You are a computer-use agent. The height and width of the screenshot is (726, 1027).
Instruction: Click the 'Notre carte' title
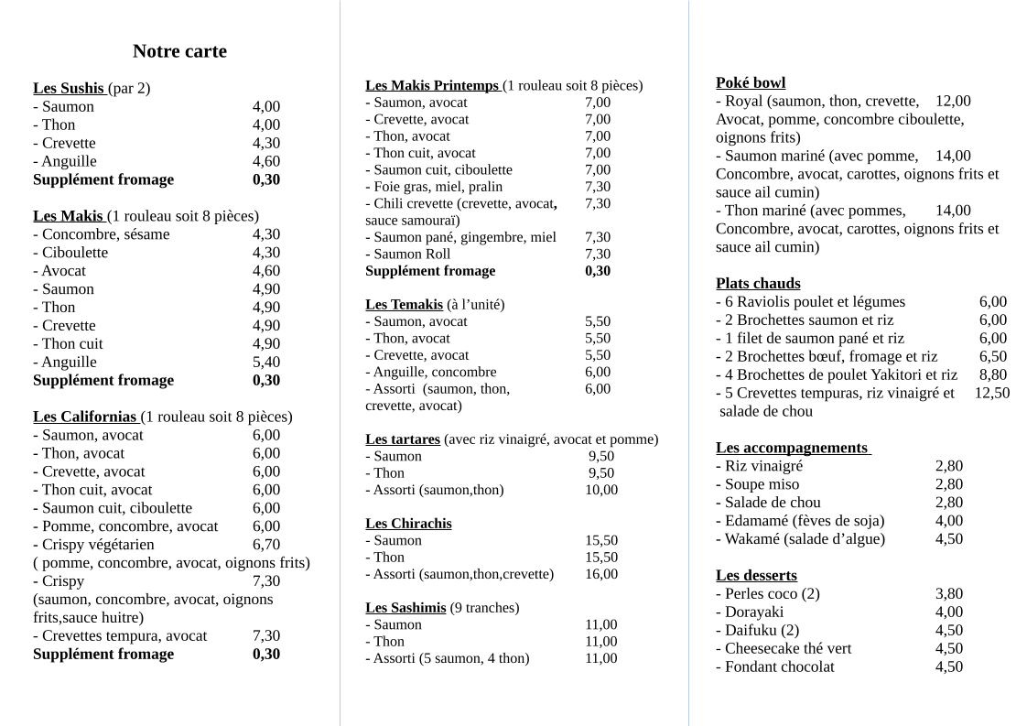coord(179,51)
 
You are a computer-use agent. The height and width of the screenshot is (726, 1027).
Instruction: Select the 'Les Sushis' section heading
coord(69,89)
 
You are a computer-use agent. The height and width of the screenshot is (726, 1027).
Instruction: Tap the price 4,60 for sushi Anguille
coord(266,161)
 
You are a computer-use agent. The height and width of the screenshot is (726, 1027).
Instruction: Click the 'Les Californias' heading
coord(85,417)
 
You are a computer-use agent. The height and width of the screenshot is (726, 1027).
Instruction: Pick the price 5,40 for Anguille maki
coord(266,362)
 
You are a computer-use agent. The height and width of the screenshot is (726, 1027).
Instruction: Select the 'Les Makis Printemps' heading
coord(431,86)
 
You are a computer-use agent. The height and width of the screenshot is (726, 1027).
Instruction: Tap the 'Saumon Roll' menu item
coord(412,254)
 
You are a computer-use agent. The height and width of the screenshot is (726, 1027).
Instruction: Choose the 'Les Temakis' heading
coord(404,304)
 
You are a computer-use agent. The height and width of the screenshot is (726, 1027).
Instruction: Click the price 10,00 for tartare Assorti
coord(601,490)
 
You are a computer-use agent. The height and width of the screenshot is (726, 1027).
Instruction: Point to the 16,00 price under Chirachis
coord(601,574)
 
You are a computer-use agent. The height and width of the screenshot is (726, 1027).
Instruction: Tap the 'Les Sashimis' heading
coord(405,608)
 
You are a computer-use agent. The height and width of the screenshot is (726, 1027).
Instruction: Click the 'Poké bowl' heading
coord(751,82)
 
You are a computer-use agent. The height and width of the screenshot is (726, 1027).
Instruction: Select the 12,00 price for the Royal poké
coord(953,101)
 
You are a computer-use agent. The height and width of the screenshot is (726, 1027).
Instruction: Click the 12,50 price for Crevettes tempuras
coord(992,393)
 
